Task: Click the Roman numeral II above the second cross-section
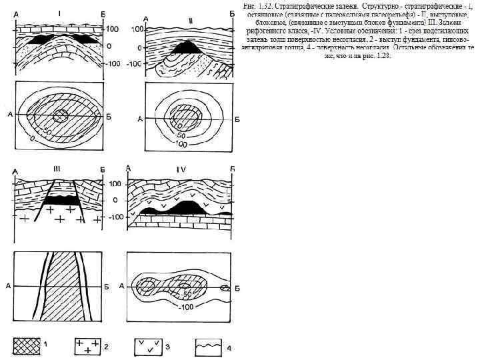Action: [191, 21]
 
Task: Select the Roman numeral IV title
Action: [181, 169]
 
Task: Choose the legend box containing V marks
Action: [151, 346]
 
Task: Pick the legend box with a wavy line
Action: [209, 346]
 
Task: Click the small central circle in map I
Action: [60, 115]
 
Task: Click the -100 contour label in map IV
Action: [186, 307]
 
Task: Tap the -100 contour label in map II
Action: [178, 143]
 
